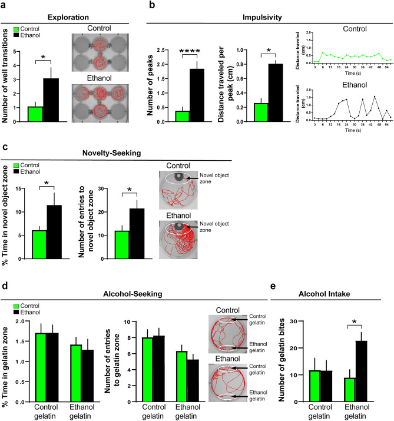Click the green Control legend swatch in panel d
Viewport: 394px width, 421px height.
pos(17,307)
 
